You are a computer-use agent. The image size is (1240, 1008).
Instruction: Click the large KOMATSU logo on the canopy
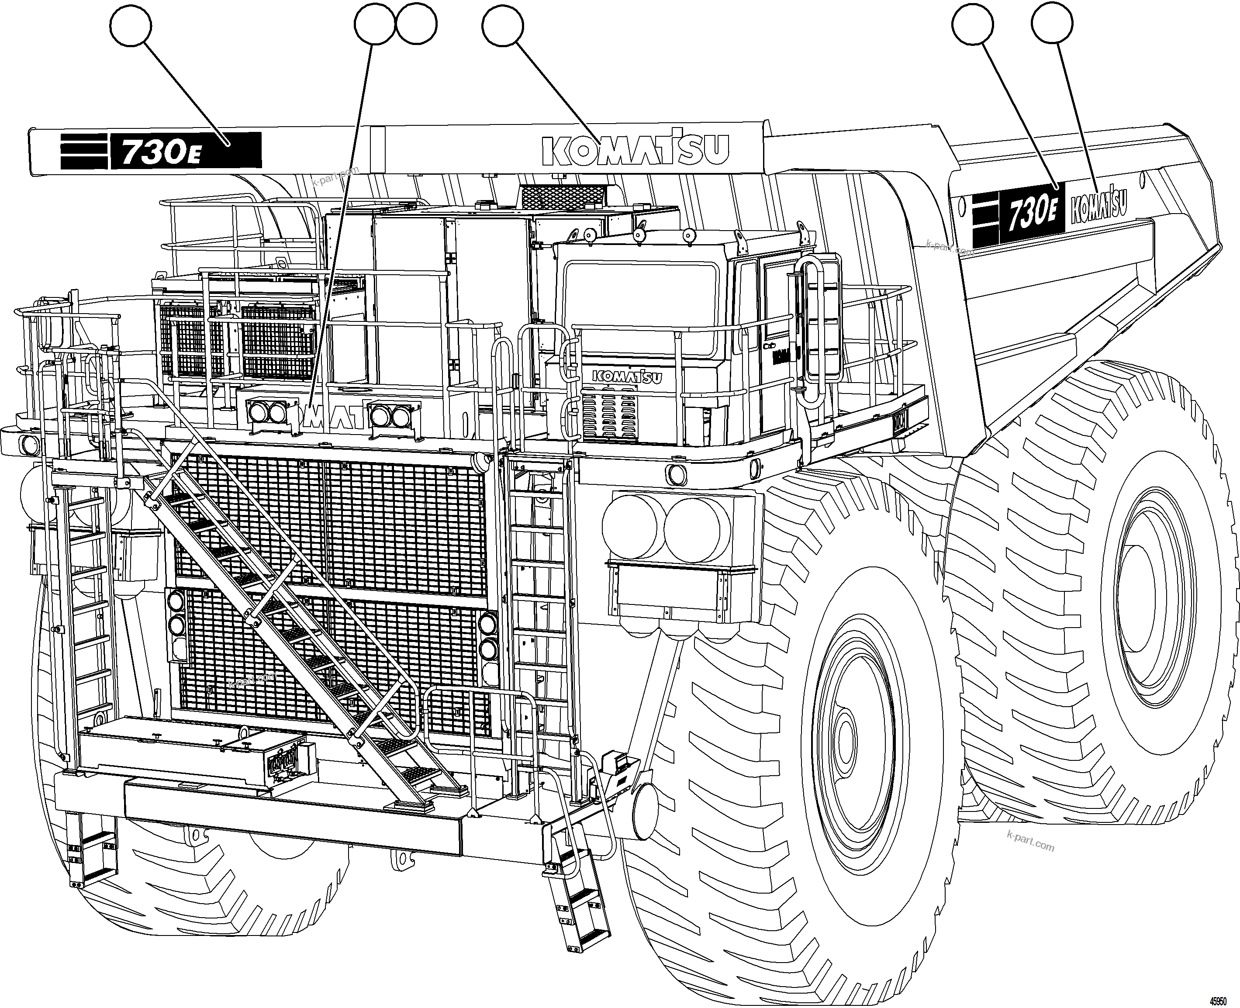(x=635, y=150)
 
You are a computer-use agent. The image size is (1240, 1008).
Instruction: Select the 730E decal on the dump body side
(x=1030, y=214)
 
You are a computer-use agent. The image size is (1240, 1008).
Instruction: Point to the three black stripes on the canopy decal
(x=84, y=151)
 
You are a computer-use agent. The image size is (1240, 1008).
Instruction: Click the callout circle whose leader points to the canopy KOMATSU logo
(x=502, y=25)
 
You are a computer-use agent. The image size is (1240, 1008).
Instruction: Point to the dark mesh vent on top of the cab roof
(x=563, y=197)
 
